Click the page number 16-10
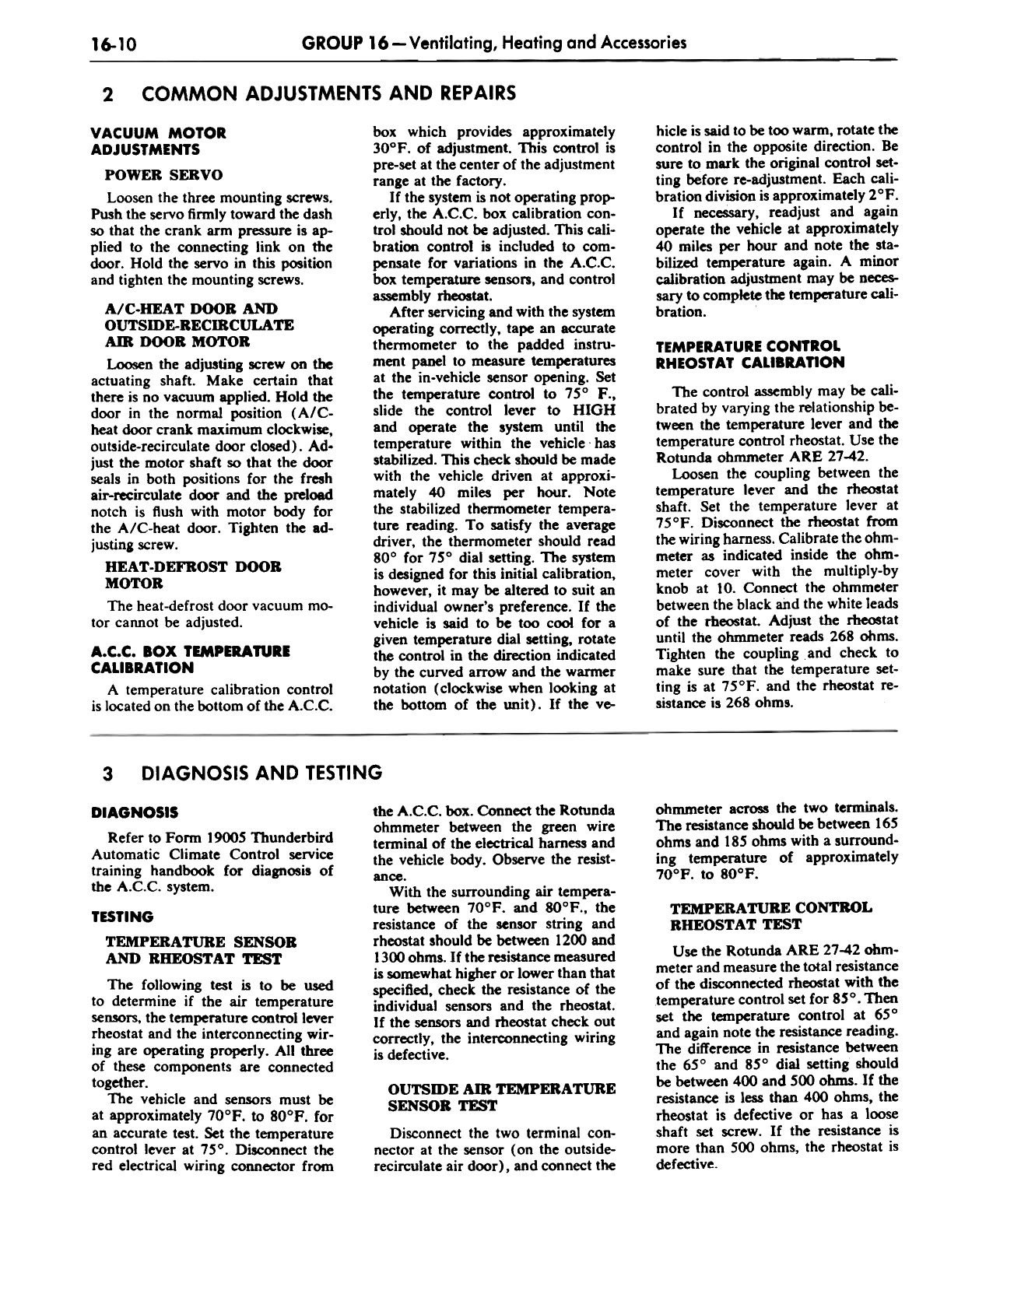point(114,44)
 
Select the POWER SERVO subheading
point(163,174)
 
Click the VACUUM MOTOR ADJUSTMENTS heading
point(158,141)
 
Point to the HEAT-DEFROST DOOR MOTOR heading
point(192,574)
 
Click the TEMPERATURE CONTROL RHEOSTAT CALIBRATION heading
point(750,354)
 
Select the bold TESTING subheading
point(122,917)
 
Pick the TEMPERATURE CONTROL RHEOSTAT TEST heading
point(770,916)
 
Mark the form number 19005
point(231,837)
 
